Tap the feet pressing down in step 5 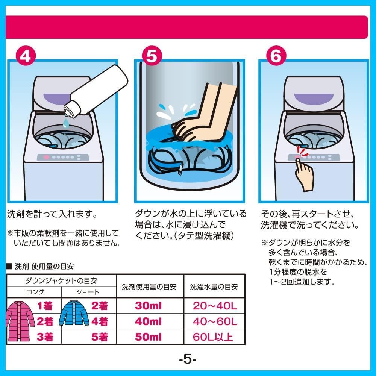(x=204, y=113)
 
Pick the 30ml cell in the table (x=148, y=306)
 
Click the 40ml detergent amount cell (x=148, y=321)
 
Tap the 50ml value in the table (x=148, y=337)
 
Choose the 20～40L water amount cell (x=215, y=306)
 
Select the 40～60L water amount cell (x=215, y=321)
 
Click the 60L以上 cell (x=213, y=337)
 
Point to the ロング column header (x=35, y=292)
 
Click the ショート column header (x=88, y=292)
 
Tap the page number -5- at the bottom (x=188, y=359)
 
